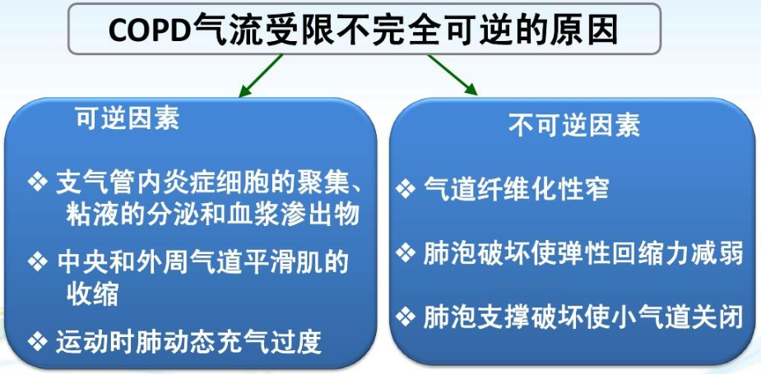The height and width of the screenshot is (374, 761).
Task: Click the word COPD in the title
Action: (150, 30)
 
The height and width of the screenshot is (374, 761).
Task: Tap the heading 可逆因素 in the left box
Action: (128, 118)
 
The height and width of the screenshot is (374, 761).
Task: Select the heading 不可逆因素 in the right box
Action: (574, 124)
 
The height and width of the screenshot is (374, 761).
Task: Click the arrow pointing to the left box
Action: (261, 75)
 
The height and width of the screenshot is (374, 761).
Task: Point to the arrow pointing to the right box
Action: (452, 75)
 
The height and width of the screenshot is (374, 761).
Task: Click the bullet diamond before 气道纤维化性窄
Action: (406, 188)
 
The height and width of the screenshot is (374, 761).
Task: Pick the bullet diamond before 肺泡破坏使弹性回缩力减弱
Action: (406, 252)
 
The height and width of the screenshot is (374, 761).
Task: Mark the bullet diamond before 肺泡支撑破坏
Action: (406, 316)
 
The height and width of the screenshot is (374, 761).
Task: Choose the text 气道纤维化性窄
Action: (517, 188)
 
